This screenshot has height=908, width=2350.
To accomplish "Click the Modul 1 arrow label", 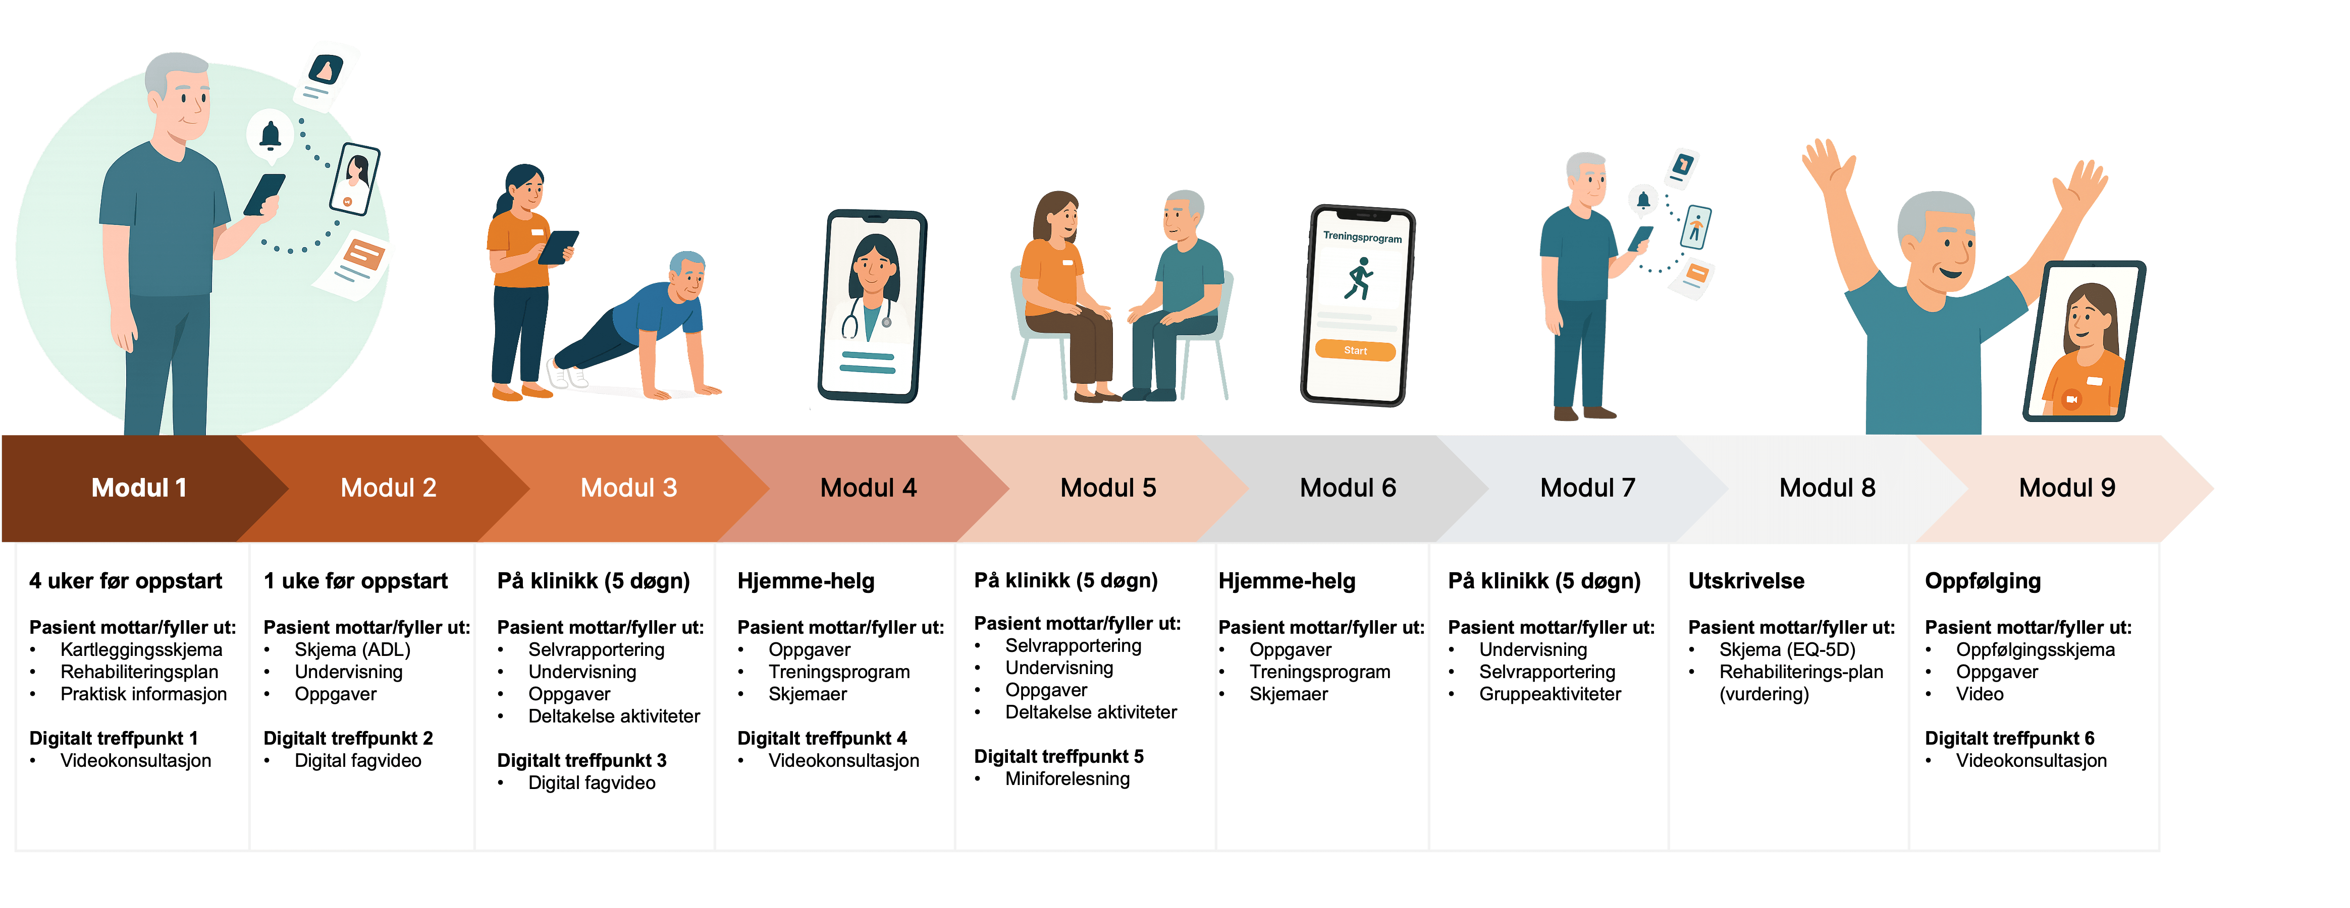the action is click(139, 488).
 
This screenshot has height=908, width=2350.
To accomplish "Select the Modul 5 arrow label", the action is click(1107, 488).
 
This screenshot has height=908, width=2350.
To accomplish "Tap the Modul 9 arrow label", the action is click(2066, 488).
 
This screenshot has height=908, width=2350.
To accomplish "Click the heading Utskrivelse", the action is click(1746, 581).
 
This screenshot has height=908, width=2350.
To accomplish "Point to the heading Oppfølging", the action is click(1983, 581).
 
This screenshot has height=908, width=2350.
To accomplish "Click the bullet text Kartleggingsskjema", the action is click(140, 649).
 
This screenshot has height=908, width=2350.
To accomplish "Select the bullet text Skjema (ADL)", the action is click(352, 649).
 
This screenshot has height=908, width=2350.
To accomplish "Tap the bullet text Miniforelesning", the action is click(1066, 778).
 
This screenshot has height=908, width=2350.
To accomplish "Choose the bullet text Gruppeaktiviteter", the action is click(1550, 694).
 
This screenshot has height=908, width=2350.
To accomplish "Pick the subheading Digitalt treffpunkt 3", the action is click(581, 760).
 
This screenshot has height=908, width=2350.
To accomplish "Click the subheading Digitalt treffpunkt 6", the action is click(2009, 739).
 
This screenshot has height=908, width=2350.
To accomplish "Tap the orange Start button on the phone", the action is click(1355, 351).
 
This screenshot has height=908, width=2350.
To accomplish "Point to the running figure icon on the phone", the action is click(1358, 279).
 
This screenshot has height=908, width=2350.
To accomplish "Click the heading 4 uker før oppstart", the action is click(125, 581).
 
